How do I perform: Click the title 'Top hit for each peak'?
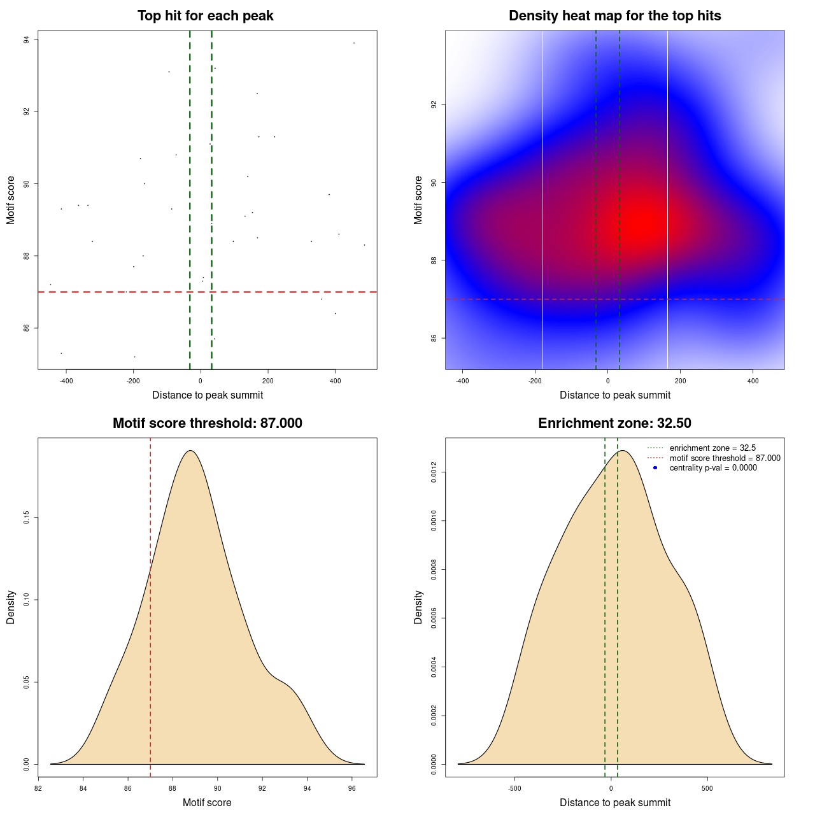(206, 16)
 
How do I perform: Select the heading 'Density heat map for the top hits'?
(614, 16)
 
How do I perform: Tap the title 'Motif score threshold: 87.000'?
(207, 423)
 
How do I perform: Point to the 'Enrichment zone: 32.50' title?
(614, 423)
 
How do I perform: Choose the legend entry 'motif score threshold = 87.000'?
(725, 458)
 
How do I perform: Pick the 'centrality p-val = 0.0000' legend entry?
(713, 467)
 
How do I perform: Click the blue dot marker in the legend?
(655, 467)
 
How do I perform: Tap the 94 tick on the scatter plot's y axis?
(27, 39)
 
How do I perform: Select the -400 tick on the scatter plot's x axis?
(66, 381)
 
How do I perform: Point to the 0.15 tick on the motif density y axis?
(27, 518)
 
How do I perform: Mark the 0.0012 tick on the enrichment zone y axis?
(434, 472)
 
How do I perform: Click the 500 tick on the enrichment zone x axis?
(707, 788)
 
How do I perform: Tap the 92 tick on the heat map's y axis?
(434, 104)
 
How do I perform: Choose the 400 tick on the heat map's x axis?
(753, 381)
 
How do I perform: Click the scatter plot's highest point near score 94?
(354, 43)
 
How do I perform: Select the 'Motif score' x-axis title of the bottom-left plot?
(207, 802)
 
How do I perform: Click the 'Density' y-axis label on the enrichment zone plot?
(418, 607)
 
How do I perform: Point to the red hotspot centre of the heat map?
(643, 223)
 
